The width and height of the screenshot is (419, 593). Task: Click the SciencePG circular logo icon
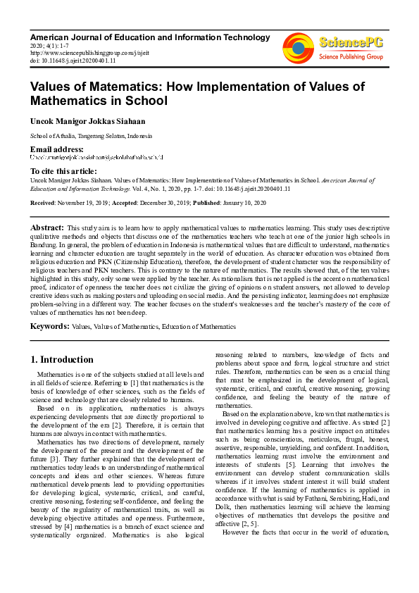pyautogui.click(x=299, y=47)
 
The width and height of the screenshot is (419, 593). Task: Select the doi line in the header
pyautogui.click(x=64, y=61)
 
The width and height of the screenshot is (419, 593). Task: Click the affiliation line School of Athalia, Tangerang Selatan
pyautogui.click(x=91, y=135)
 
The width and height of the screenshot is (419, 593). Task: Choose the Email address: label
pyautogui.click(x=56, y=149)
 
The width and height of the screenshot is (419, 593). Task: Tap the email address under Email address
pyautogui.click(x=96, y=157)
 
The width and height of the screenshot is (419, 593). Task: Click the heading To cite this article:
pyautogui.click(x=64, y=171)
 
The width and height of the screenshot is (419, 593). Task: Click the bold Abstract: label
pyautogui.click(x=46, y=228)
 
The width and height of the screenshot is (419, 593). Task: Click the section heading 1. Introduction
pyautogui.click(x=62, y=359)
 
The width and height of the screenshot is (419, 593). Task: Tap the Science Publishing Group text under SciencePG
pyautogui.click(x=351, y=56)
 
